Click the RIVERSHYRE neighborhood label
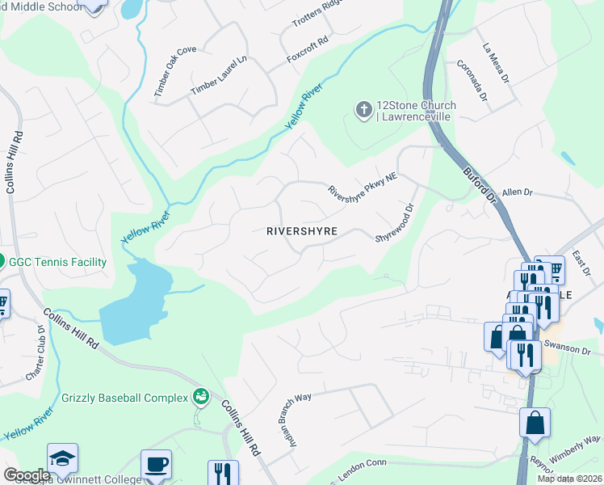(301, 231)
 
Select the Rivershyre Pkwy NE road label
(363, 182)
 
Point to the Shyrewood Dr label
(394, 221)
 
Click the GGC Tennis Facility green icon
(2, 262)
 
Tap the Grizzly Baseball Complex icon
(199, 396)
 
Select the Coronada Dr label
(472, 82)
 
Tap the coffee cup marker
(156, 465)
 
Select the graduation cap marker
(62, 458)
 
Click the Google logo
(27, 475)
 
